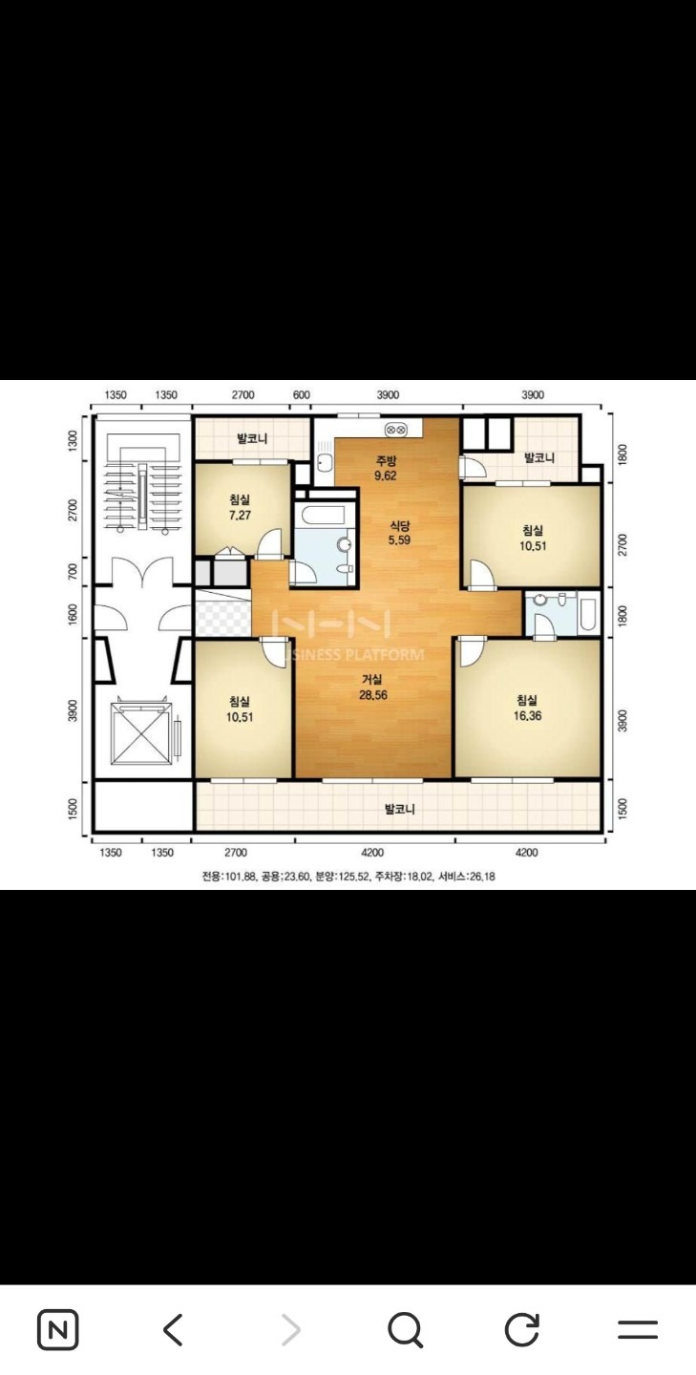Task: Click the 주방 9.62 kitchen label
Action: (386, 468)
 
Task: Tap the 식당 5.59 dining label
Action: (399, 533)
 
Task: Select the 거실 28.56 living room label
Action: (372, 687)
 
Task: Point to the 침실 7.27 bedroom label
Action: (240, 508)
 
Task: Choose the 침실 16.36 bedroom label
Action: (527, 708)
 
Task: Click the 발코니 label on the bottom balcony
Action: (399, 809)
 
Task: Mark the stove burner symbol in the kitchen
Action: (396, 430)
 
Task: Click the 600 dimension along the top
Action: (302, 394)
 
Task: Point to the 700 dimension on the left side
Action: (73, 572)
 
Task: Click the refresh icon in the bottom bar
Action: (521, 1330)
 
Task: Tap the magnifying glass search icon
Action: (406, 1330)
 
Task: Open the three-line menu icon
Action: (638, 1329)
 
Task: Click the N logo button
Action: (57, 1330)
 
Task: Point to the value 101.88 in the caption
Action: (240, 877)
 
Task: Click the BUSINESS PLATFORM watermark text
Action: (355, 654)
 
